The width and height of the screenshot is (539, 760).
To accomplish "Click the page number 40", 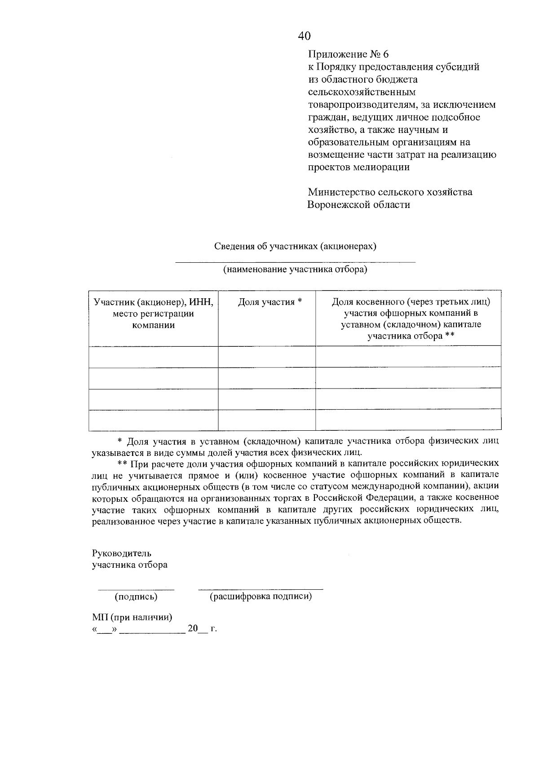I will (304, 36).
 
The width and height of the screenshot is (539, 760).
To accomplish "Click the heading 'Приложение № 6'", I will (348, 54).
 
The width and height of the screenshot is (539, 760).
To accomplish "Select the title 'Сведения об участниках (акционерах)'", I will (295, 246).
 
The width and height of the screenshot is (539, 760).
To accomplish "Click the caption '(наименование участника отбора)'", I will (295, 270).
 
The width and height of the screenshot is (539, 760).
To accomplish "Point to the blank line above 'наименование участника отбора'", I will (295, 262).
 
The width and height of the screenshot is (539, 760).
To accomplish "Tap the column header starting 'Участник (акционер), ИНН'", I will (153, 314).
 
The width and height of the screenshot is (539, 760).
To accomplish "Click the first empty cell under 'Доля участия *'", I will (267, 357).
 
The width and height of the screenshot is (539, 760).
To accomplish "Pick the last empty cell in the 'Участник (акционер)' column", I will (153, 420).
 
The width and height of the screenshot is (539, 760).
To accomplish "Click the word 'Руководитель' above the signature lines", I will (122, 553).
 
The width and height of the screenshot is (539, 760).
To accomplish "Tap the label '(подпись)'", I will (136, 597).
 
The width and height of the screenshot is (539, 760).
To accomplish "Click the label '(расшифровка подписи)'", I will (261, 597).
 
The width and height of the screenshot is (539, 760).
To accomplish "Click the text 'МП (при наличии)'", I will (132, 618).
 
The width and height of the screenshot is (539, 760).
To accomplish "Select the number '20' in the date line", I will (193, 629).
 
